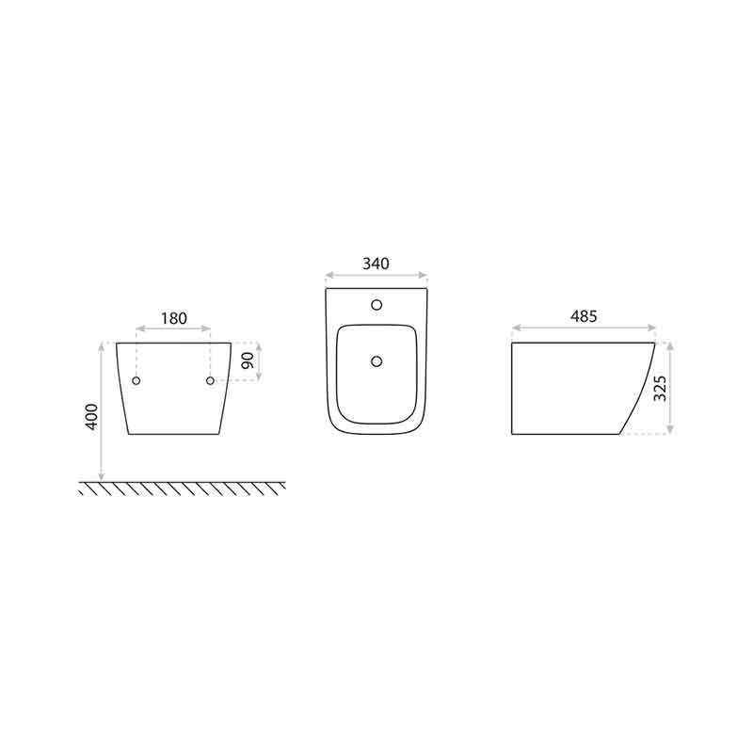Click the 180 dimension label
pos(174,318)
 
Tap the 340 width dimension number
pos(376,264)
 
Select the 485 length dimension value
pos(584,316)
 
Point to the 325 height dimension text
pos(661,389)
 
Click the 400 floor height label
pos(91,416)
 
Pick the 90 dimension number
pos(248,360)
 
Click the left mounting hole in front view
pos(136,381)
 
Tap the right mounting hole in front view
pos(210,381)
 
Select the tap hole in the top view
pos(377,304)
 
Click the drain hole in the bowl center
pos(377,361)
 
